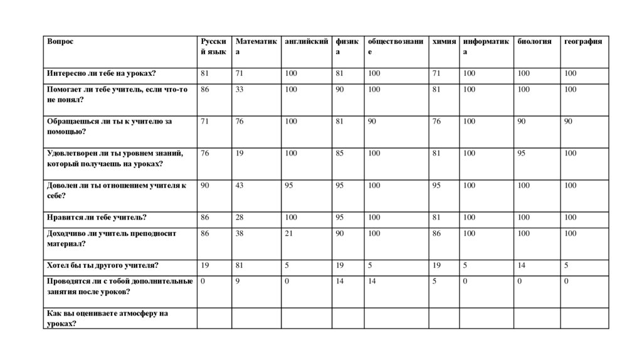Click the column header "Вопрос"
coord(60,41)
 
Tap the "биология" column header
coord(535,41)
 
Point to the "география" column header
coord(583,41)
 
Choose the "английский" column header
coord(307,41)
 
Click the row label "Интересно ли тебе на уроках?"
coord(101,73)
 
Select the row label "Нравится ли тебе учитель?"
coord(97,218)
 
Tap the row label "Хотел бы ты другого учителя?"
coord(102,265)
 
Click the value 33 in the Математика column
coord(239,90)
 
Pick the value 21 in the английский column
coord(288,233)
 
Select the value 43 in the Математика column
coord(239,186)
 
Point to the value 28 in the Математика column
coord(239,218)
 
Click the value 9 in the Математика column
coord(238,281)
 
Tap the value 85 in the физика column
coord(339,154)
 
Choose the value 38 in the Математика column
coord(239,233)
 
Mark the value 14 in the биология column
coord(522,265)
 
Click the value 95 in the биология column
coord(522,154)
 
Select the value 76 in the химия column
coord(436,122)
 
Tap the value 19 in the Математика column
coord(239,154)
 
